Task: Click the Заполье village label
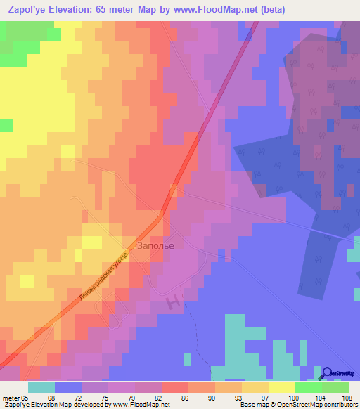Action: point(155,245)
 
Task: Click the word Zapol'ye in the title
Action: point(32,11)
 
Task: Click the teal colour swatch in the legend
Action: point(41,387)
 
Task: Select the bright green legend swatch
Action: point(309,387)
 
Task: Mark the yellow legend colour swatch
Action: point(282,387)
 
